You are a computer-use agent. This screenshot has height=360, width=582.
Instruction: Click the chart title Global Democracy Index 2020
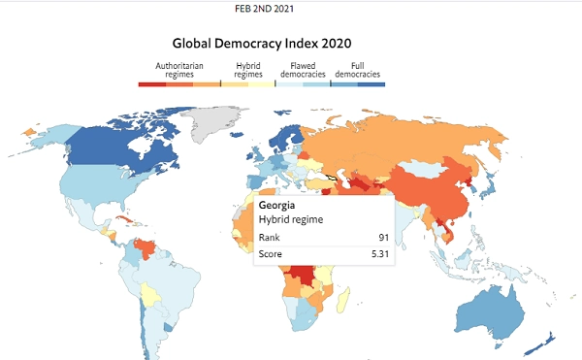pyautogui.click(x=262, y=44)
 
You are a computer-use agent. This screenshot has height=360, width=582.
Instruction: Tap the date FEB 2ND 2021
pyautogui.click(x=264, y=9)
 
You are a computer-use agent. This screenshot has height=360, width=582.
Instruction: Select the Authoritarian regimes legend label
pyautogui.click(x=179, y=70)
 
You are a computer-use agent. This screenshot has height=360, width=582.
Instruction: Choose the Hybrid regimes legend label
pyautogui.click(x=248, y=70)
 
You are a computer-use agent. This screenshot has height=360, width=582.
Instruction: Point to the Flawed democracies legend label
pyautogui.click(x=303, y=70)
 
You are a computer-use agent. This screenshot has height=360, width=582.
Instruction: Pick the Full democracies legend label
pyautogui.click(x=357, y=70)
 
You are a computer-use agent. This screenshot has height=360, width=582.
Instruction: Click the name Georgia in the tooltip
pyautogui.click(x=276, y=206)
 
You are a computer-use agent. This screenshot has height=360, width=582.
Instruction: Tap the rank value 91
pyautogui.click(x=384, y=238)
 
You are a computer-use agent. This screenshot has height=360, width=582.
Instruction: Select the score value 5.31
pyautogui.click(x=380, y=254)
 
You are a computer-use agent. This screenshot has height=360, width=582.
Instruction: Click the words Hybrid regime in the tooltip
pyautogui.click(x=291, y=219)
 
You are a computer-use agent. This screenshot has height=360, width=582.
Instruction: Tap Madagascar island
pyautogui.click(x=343, y=299)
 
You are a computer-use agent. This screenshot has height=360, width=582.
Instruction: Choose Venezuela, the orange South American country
pyautogui.click(x=144, y=247)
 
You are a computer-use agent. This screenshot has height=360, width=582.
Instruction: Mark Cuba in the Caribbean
pyautogui.click(x=125, y=219)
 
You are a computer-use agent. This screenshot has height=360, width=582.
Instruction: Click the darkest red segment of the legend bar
pyautogui.click(x=152, y=84)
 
